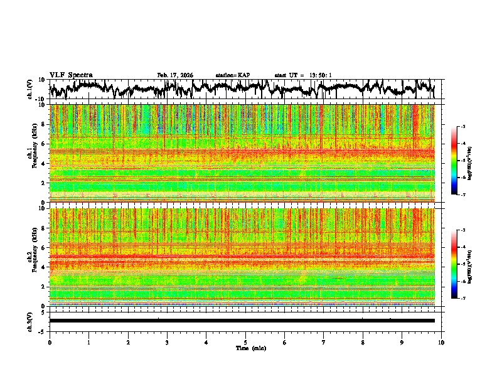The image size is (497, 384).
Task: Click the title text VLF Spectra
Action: click(71, 75)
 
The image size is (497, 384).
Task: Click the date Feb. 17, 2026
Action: click(175, 75)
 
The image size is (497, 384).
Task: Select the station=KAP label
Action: click(233, 75)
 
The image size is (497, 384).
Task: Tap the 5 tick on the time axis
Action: click(245, 342)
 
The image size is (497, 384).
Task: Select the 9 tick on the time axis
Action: click(402, 342)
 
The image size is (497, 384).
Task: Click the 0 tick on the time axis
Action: click(50, 342)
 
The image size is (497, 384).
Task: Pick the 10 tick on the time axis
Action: click(441, 342)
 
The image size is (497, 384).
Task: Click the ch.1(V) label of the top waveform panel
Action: click(30, 89)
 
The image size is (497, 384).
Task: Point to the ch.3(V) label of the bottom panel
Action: click(30, 321)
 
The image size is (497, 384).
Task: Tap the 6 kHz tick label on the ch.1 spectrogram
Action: click(44, 144)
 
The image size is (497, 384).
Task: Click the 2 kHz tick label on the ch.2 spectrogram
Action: click(44, 287)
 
